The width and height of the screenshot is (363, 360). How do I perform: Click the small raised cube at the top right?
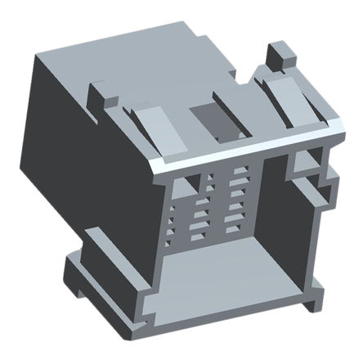point(280,56)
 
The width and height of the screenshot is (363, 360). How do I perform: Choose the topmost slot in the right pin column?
point(239,173)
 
